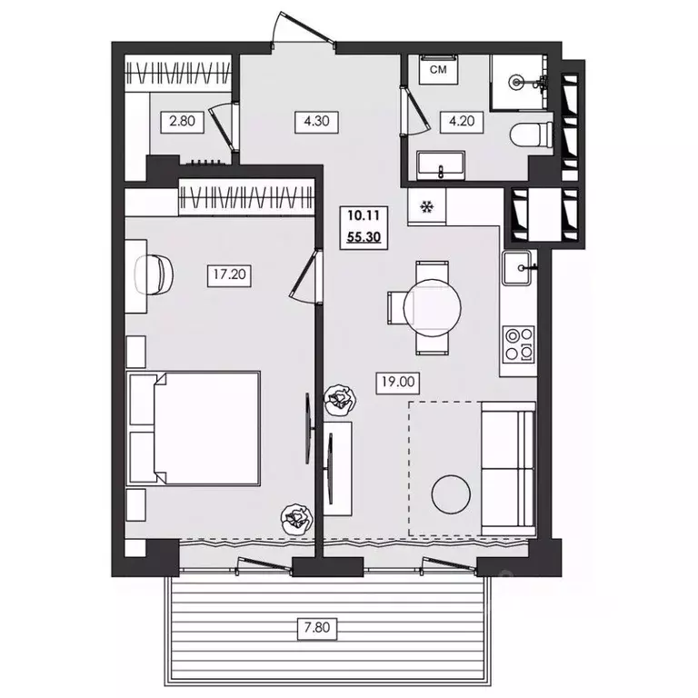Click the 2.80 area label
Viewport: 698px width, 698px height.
(183, 121)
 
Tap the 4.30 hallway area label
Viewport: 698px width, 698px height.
(316, 121)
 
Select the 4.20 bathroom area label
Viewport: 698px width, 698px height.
(462, 121)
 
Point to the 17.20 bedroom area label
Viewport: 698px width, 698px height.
(229, 274)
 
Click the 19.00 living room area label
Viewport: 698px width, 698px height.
(398, 382)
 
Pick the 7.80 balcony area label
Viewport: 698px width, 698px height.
(317, 628)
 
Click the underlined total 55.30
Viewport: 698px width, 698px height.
(364, 237)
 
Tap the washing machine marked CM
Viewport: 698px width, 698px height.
(439, 69)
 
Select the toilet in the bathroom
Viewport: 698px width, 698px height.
(532, 135)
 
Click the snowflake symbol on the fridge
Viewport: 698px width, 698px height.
(426, 206)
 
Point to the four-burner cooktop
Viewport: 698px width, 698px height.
(519, 344)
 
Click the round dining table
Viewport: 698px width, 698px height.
(433, 307)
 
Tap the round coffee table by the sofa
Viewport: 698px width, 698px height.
(451, 494)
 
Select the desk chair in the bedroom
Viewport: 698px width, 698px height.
(154, 274)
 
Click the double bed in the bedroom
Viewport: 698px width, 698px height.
(194, 428)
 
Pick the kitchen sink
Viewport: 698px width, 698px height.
(517, 267)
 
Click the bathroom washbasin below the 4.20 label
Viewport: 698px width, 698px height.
(441, 165)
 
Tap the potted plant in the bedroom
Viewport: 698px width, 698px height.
(297, 519)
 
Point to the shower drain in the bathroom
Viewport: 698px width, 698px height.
(516, 82)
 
